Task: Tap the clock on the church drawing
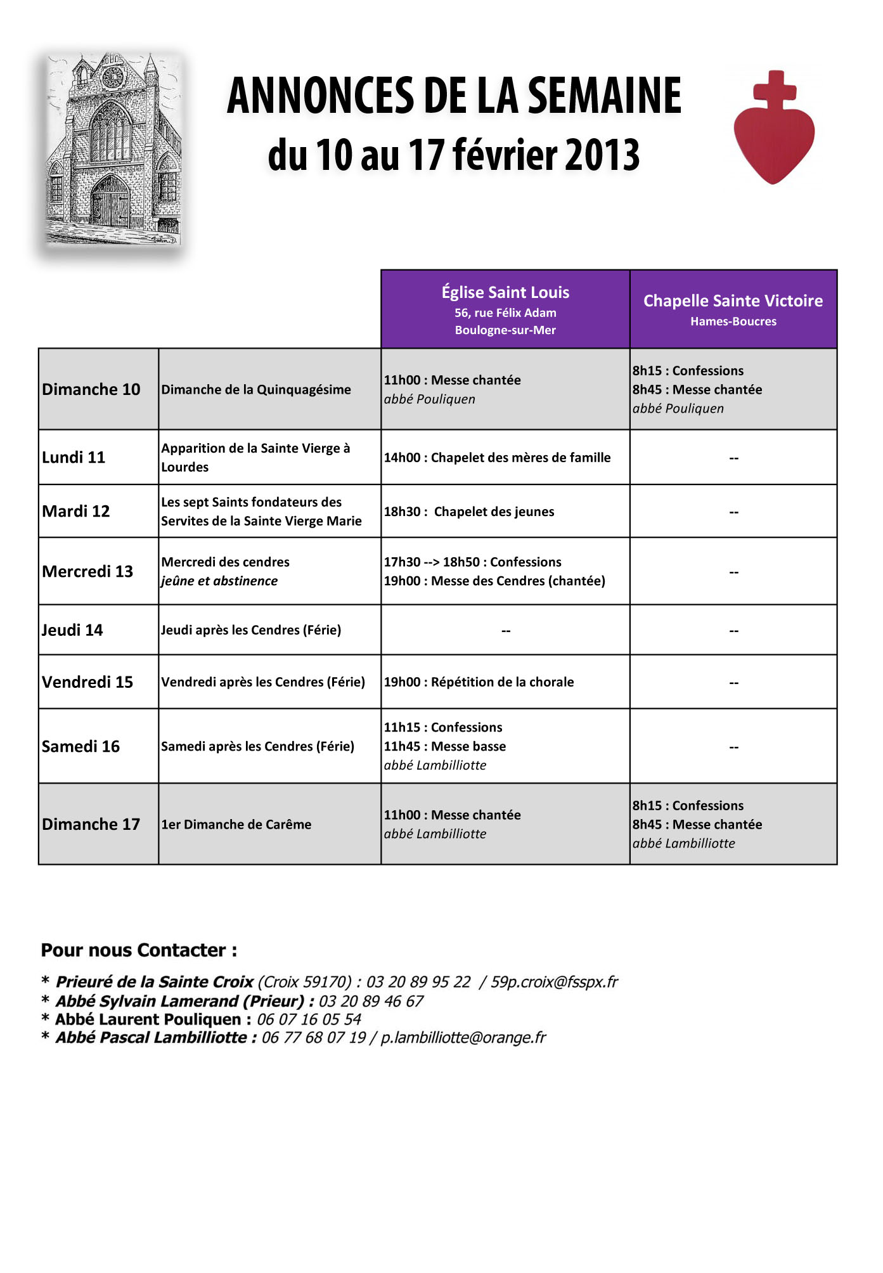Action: pos(113,77)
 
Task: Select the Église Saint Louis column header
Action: pos(505,309)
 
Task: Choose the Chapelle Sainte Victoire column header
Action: pos(733,309)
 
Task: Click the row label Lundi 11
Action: pos(74,457)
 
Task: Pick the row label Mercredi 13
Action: pos(87,571)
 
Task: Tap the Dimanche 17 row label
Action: pos(91,824)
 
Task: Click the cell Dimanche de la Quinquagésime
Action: pos(256,389)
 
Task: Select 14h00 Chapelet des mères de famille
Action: pos(497,457)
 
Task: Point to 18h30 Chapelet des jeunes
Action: pos(469,512)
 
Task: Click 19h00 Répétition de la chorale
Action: pos(479,682)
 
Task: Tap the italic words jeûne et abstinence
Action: pos(219,581)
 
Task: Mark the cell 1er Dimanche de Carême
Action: pos(236,824)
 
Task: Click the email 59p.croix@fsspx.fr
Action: pos(554,982)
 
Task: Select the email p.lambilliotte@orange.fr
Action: pos(463,1038)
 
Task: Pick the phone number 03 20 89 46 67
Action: pos(371,1001)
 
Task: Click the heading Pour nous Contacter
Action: pos(139,950)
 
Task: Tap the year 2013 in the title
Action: pos(602,155)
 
